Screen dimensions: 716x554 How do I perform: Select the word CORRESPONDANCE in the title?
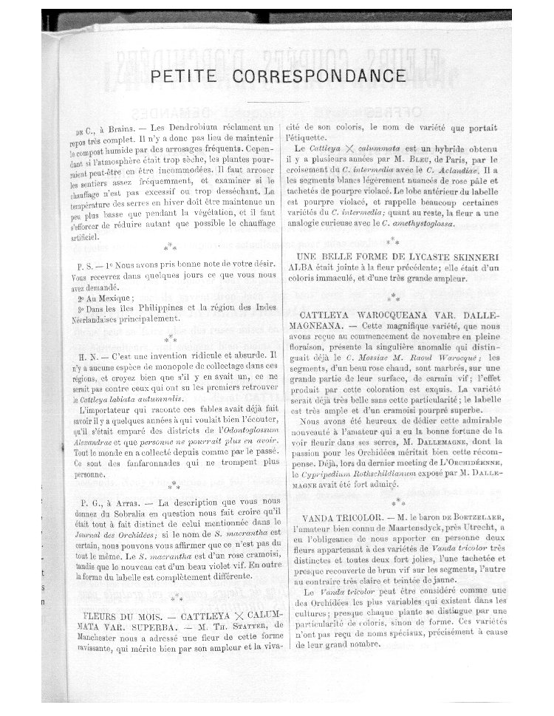(318, 77)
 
